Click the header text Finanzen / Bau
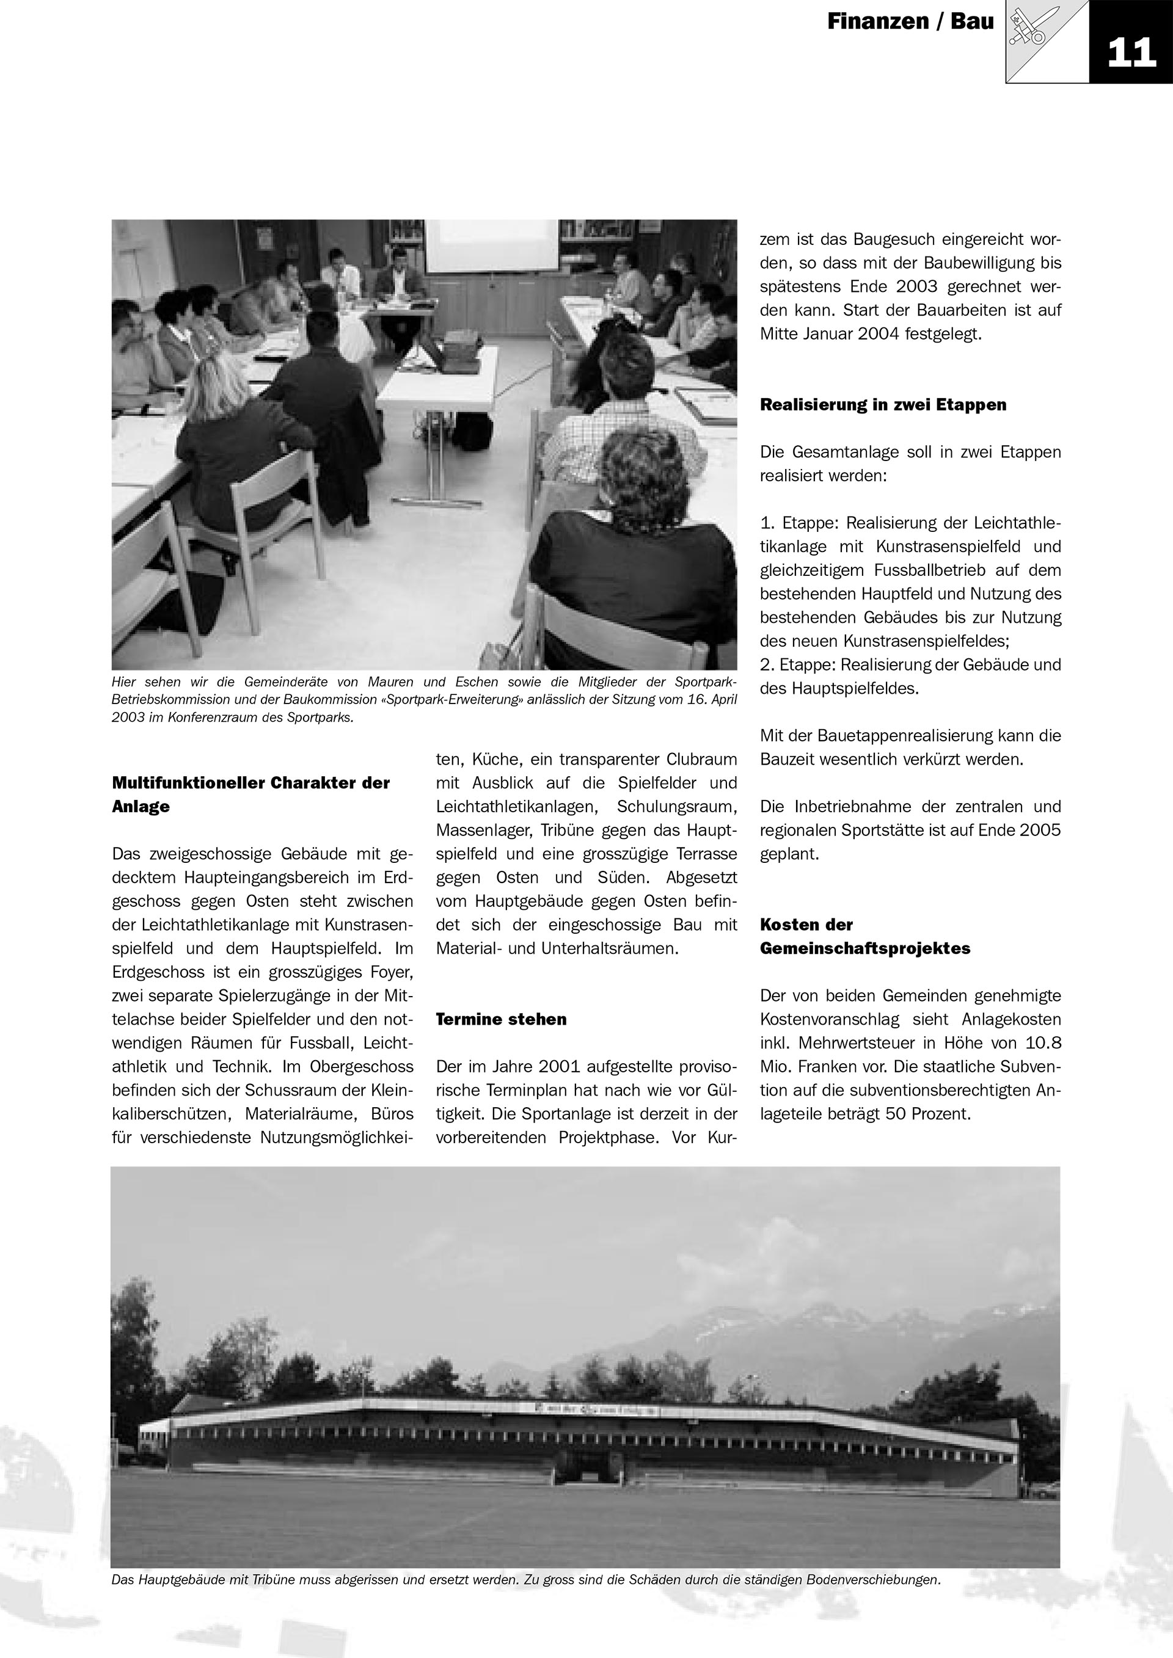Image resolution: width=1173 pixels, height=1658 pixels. [910, 23]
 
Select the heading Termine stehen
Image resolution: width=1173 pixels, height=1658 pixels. [501, 1019]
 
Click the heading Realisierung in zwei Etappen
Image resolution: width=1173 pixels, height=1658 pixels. [883, 404]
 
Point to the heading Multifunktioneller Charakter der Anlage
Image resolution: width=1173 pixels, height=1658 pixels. [250, 794]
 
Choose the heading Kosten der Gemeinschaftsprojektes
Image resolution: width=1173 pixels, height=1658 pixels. [864, 937]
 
